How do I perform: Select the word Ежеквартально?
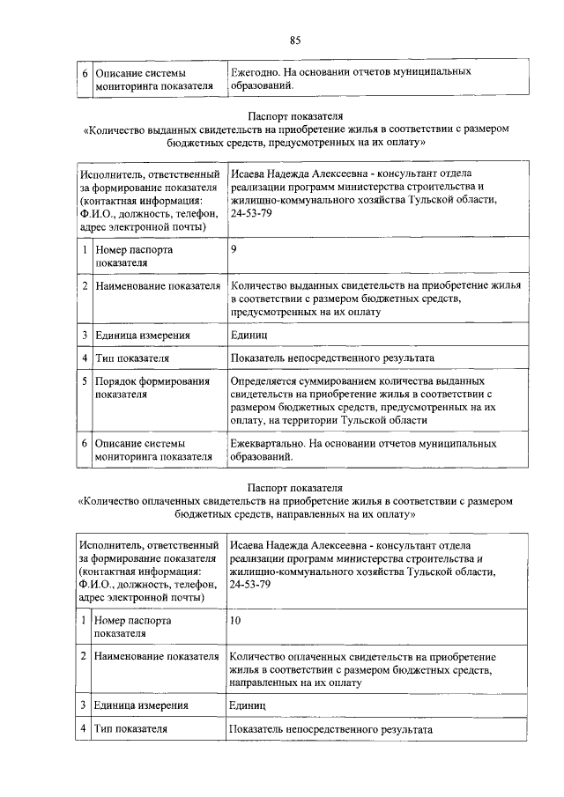tap(269, 443)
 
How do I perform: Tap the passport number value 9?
tap(234, 249)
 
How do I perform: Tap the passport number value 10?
tap(234, 620)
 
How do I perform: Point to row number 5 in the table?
tap(85, 381)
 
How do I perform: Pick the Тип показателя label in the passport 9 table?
tap(132, 358)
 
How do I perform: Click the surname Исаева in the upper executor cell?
tap(250, 173)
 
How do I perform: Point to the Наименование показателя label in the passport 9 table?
tap(158, 286)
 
